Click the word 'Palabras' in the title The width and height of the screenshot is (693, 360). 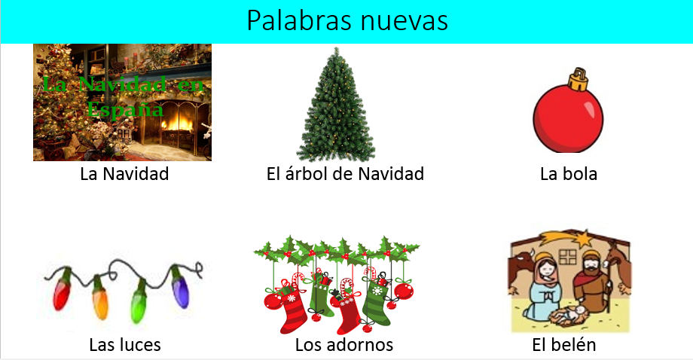tap(298, 20)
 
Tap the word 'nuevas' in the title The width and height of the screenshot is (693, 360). tap(404, 21)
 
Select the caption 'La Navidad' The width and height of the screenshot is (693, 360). tap(124, 173)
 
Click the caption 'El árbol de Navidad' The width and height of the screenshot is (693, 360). tap(345, 173)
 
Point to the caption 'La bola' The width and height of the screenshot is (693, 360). tap(569, 173)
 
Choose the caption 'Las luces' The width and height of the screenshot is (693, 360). tap(125, 344)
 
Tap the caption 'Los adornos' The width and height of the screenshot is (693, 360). tap(344, 344)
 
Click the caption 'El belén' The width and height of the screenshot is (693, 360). tap(564, 344)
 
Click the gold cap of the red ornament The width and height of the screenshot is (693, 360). tap(579, 80)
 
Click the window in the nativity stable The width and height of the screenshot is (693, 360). tap(568, 257)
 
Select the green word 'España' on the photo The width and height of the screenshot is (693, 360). tap(124, 109)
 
